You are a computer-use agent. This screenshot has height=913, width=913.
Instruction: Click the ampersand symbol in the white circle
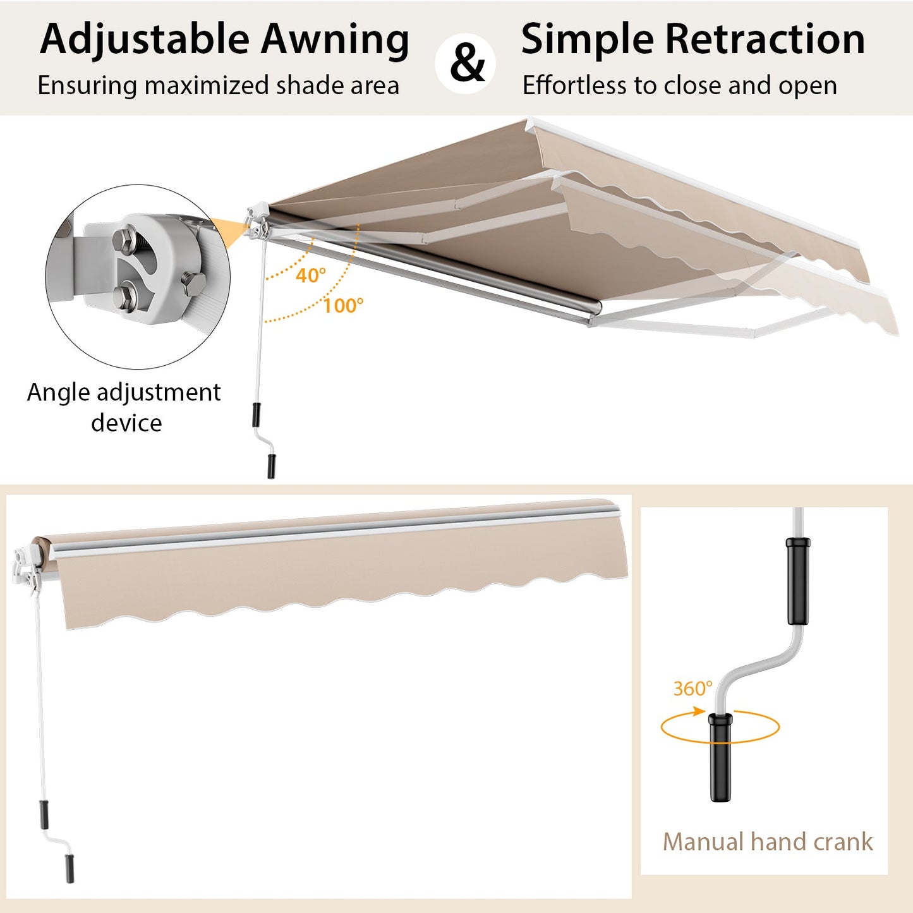point(467,63)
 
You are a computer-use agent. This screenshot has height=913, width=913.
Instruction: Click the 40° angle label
point(310,275)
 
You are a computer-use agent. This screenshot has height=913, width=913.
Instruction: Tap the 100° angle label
point(343,306)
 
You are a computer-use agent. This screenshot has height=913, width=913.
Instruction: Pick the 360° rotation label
point(692,688)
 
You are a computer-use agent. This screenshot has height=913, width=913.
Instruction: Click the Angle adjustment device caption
point(124,407)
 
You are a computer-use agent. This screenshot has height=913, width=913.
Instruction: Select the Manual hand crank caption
point(767,842)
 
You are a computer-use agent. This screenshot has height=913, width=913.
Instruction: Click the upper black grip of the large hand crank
point(797,580)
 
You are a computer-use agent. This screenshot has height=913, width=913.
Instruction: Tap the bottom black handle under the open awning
point(271,466)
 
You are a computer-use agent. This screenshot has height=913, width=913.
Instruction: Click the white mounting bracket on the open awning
point(258,221)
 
